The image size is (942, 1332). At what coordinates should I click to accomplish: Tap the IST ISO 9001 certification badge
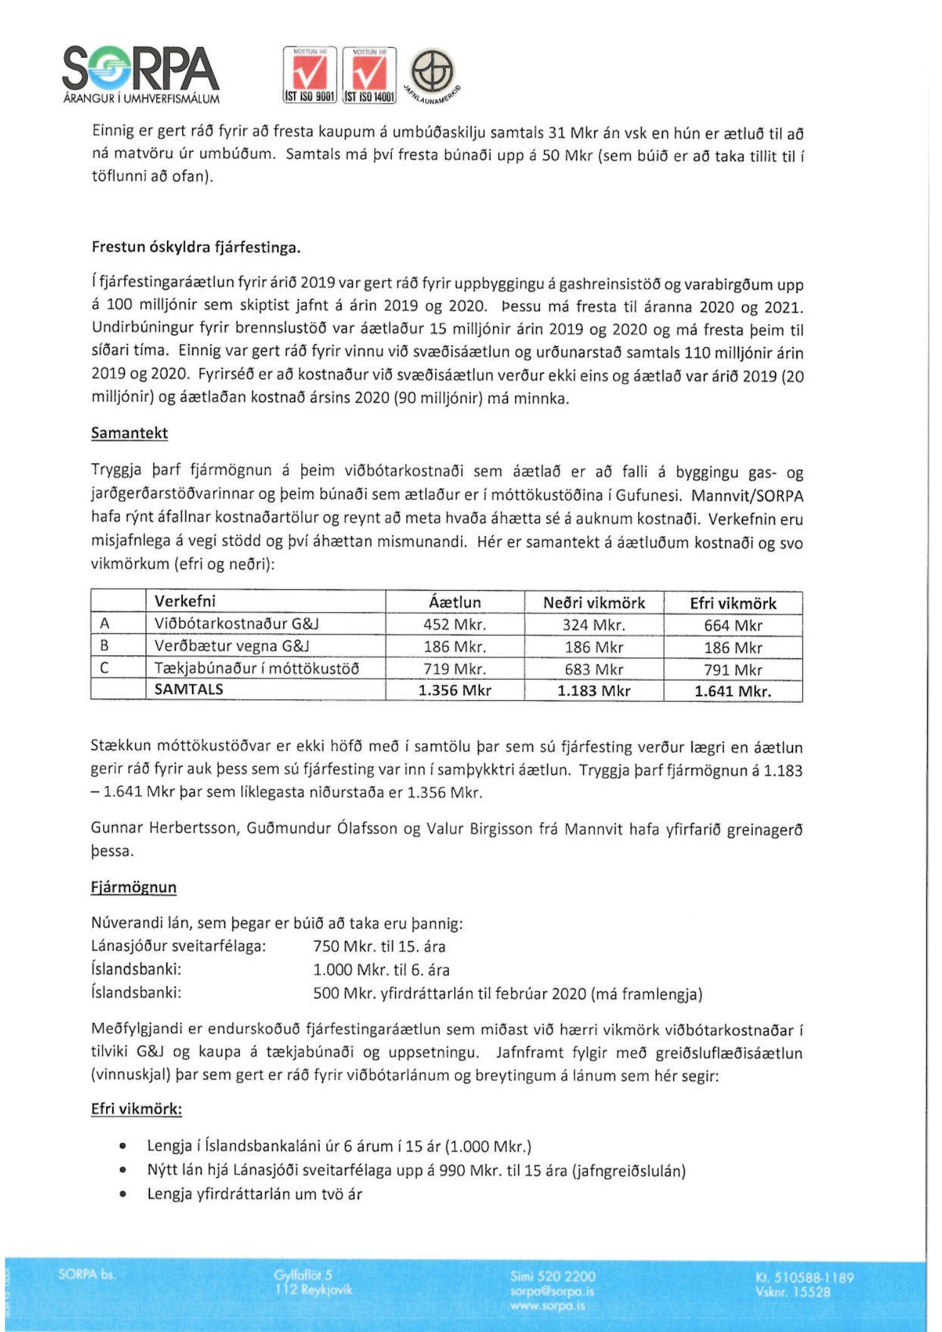point(310,74)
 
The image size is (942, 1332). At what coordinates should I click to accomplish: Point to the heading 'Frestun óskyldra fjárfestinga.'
point(196,247)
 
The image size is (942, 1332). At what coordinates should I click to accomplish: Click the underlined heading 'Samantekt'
point(129,433)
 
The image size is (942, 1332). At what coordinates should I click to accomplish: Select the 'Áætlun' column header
point(455,602)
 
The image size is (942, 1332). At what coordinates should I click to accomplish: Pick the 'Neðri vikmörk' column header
point(594,603)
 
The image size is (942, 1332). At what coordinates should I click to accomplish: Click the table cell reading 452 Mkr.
point(455,625)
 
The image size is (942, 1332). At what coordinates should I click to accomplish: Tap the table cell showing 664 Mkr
point(733,625)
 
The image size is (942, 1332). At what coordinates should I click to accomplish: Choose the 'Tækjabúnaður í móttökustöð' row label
point(257,669)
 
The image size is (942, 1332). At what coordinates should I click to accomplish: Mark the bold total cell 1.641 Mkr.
point(733,691)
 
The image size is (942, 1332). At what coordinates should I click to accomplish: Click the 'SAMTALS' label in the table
point(189,689)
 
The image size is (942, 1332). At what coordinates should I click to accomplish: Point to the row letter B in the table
point(105,646)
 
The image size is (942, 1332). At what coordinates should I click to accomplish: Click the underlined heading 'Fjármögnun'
point(134,887)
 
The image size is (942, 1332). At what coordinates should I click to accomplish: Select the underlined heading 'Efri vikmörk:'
point(136,1109)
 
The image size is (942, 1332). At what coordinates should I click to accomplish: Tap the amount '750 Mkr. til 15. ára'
point(379,947)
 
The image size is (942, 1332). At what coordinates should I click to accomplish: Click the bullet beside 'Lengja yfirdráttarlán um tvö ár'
point(123,1195)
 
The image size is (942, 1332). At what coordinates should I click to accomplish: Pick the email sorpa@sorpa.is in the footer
point(552,1292)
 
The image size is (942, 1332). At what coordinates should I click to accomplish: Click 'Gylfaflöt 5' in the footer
point(303,1275)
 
